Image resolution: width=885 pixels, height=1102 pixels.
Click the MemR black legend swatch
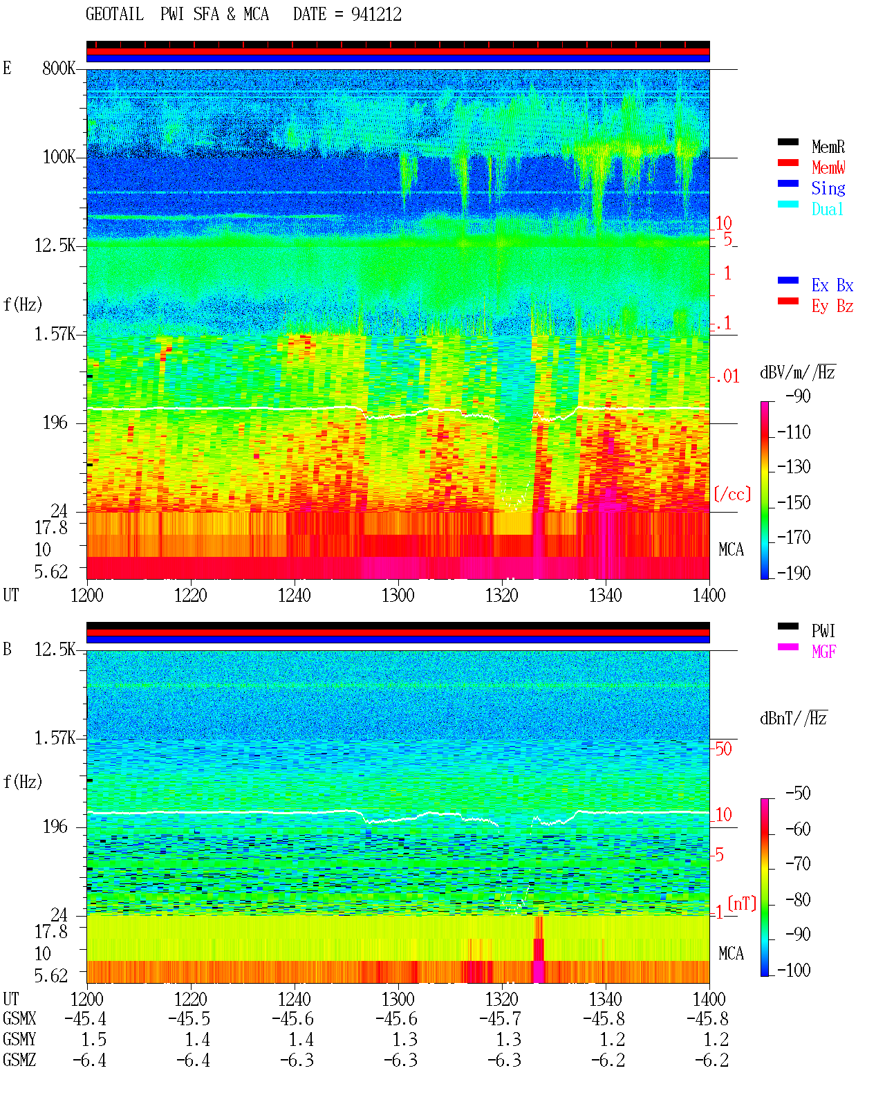pos(788,142)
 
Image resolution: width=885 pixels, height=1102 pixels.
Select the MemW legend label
pos(828,167)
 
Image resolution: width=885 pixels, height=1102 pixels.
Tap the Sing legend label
pos(828,188)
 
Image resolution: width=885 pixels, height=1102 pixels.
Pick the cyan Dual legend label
pos(827,209)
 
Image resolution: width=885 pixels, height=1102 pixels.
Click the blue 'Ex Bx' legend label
pos(832,285)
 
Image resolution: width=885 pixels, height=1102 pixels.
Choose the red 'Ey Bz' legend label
pos(832,306)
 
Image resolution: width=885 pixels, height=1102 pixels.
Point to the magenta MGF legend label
pos(823,652)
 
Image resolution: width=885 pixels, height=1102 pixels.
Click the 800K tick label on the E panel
pos(59,68)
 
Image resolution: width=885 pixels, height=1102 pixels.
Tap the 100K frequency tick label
pos(59,157)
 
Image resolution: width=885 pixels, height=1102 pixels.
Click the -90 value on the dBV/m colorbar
pos(798,396)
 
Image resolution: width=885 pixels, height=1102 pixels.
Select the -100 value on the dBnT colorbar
pos(794,970)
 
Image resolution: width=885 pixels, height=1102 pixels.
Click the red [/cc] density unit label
pos(732,494)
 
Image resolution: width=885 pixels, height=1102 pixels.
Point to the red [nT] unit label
pos(742,903)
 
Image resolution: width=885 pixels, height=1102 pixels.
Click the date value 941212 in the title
pos(376,15)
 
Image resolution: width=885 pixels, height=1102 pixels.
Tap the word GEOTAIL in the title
pos(115,14)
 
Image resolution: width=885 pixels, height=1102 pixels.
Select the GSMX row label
pos(19,1018)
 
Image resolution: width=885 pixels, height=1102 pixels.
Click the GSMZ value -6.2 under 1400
pos(711,1060)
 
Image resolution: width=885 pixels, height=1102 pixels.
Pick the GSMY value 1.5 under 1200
pos(93,1040)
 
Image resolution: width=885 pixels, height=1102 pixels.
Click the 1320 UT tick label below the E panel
pos(502,595)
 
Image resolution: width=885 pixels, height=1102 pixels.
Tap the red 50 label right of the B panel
pos(723,749)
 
